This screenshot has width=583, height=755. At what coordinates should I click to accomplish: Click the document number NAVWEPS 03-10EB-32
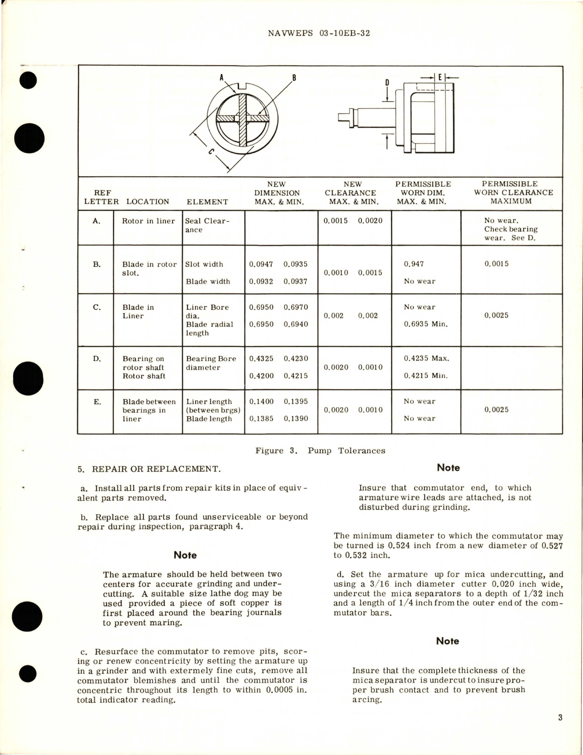[318, 34]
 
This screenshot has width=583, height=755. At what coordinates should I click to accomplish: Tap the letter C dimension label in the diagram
[211, 153]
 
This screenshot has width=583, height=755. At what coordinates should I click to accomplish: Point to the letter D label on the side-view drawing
[387, 83]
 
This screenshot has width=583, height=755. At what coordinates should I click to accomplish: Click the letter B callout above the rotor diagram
[294, 77]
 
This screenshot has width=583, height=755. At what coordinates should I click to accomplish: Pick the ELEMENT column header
[207, 202]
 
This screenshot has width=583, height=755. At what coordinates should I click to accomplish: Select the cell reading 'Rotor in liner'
[148, 221]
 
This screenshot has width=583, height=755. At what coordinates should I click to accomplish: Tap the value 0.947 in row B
[414, 264]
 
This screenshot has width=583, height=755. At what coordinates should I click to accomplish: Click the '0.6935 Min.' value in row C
[426, 324]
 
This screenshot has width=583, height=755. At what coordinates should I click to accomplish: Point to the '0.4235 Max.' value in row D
[426, 359]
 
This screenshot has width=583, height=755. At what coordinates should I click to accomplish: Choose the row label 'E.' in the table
[97, 402]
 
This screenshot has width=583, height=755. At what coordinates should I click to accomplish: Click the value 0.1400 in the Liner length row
[261, 401]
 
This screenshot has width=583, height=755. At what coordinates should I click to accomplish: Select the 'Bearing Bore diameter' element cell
[211, 363]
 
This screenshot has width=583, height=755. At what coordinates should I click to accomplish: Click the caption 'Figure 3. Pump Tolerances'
[320, 451]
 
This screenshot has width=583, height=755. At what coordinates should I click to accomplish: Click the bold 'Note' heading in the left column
[185, 555]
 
